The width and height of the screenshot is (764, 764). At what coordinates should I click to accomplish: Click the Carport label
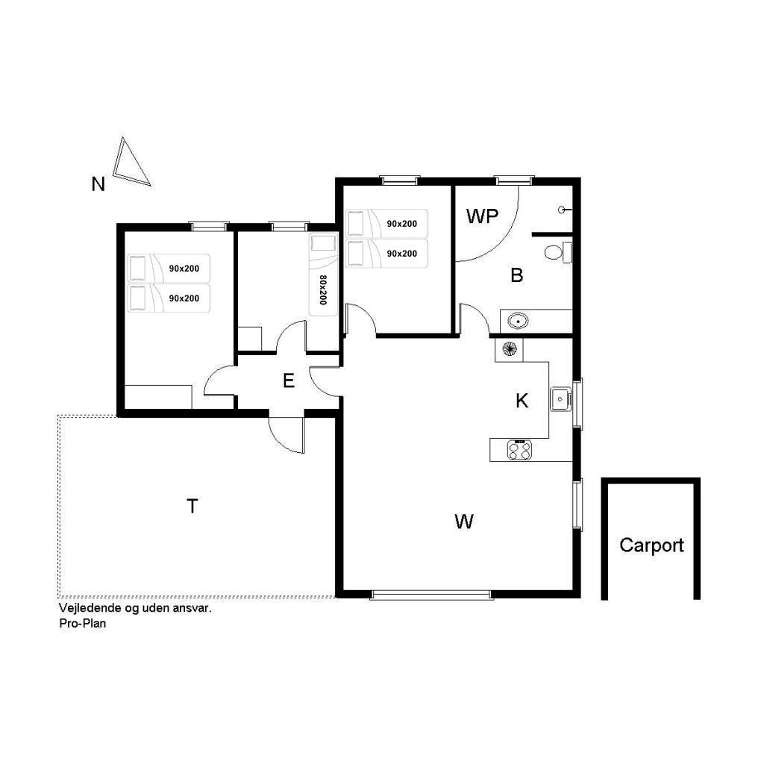(651, 545)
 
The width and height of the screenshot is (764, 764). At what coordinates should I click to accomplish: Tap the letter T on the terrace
(192, 507)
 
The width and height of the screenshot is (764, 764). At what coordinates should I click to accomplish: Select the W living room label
(464, 522)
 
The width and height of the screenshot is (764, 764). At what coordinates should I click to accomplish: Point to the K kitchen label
(522, 401)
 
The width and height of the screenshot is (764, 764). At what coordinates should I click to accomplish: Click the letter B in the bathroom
(517, 275)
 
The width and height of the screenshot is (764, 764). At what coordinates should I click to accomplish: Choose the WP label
(483, 216)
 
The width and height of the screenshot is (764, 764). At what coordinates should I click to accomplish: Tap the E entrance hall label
(289, 381)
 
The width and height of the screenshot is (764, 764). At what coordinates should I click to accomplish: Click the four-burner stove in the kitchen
(519, 450)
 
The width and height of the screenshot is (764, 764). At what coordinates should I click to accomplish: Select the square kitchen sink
(560, 400)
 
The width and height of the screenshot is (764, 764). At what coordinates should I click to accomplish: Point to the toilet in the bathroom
(557, 252)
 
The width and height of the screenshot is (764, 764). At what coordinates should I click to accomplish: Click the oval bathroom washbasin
(518, 322)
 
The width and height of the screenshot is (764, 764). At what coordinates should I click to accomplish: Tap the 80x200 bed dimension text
(323, 290)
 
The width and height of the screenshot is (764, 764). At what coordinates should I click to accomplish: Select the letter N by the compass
(98, 184)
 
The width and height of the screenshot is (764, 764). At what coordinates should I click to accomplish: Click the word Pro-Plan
(82, 623)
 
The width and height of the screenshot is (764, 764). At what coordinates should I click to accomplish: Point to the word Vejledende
(87, 607)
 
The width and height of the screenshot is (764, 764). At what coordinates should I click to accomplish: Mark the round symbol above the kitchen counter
(509, 350)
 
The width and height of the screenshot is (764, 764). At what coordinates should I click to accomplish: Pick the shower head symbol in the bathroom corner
(564, 210)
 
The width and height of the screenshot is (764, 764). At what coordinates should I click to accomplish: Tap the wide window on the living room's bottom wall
(431, 595)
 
